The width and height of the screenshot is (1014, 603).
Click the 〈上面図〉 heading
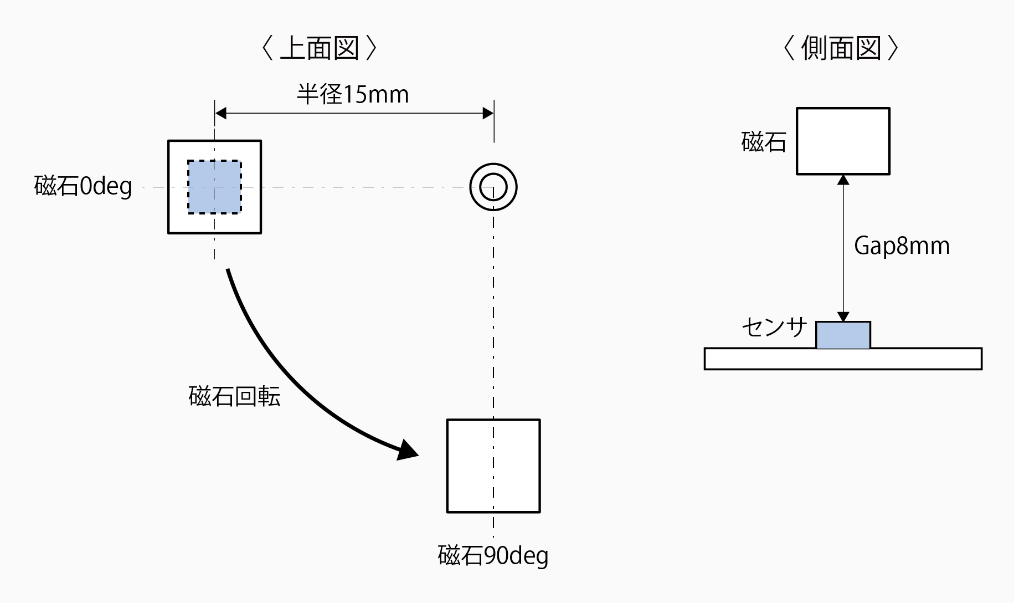(319, 49)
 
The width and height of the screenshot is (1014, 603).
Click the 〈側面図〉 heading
(841, 49)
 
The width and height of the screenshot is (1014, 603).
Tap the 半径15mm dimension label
(353, 95)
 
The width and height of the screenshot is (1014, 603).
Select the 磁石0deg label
(83, 186)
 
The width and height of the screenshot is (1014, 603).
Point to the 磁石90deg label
(493, 555)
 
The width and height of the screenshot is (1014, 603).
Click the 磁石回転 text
(234, 396)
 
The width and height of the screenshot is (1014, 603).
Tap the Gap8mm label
(902, 246)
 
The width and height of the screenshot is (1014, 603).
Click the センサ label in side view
(774, 328)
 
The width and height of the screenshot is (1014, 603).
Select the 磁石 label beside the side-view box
(764, 142)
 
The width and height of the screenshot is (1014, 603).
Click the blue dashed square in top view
(214, 187)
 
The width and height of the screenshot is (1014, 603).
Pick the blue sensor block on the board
(843, 335)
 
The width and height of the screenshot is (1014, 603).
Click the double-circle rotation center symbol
(493, 187)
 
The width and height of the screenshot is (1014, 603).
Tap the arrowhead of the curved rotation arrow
(408, 450)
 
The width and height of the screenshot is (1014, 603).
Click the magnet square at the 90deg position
(493, 466)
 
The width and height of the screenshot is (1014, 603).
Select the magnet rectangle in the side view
(843, 141)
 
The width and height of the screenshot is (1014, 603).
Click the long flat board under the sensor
(843, 359)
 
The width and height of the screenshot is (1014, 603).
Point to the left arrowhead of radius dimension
(220, 114)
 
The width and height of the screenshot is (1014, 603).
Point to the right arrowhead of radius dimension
(488, 114)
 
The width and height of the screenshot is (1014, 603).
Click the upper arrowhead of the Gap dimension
(843, 180)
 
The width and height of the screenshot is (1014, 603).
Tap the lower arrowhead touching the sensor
(843, 317)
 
